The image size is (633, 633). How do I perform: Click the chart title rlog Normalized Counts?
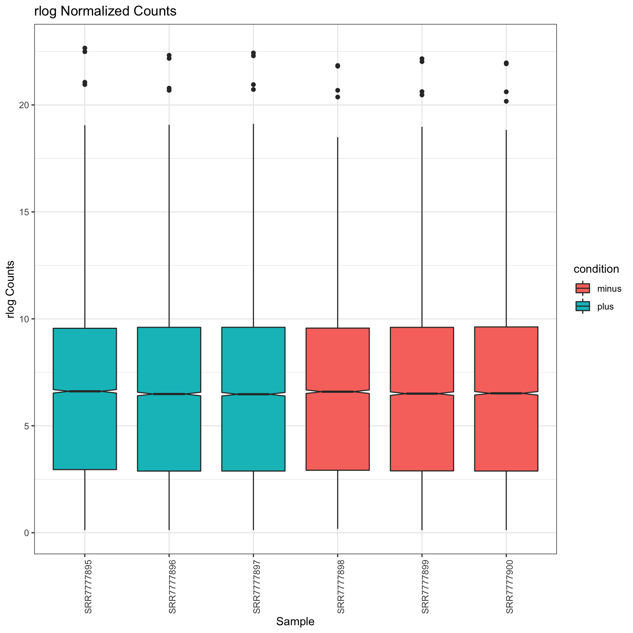[x=105, y=12]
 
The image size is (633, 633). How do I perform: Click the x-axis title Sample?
[x=295, y=622]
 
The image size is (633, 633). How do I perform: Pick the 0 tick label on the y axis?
[x=27, y=533]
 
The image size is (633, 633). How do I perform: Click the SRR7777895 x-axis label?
[x=88, y=586]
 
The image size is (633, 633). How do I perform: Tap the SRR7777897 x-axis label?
[x=257, y=586]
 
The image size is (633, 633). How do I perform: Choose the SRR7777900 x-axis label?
[x=510, y=586]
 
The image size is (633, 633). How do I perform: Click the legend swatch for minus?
[x=583, y=288]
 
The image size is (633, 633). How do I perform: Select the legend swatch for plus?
[x=583, y=306]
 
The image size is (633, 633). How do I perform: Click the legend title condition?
[x=596, y=269]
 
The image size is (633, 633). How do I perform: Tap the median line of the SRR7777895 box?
[x=85, y=391]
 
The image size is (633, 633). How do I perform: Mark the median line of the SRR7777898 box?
[x=337, y=392]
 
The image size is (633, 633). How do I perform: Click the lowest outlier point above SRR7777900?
[x=506, y=101]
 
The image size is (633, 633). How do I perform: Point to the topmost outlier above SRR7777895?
[x=85, y=48]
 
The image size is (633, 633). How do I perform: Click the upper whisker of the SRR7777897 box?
[x=253, y=225]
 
